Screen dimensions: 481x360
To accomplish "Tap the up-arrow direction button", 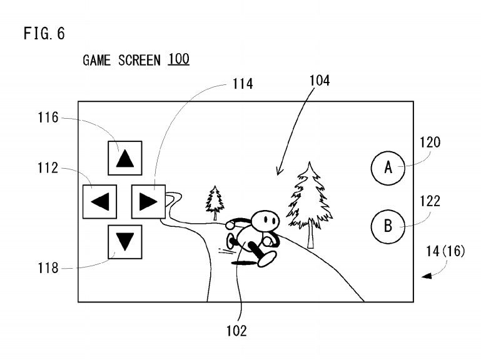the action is (125, 158).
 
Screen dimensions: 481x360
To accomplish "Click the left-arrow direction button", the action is (99, 201).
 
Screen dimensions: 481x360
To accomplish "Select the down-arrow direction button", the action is (125, 242).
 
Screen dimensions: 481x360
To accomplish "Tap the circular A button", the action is (388, 168).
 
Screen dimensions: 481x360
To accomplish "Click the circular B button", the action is (388, 227).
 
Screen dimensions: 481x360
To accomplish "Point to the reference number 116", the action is (48, 117).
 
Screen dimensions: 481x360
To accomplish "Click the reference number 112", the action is (48, 168).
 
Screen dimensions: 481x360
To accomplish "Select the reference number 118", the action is (48, 268).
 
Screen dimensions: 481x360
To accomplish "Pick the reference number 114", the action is (243, 84).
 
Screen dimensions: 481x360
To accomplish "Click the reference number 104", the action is (320, 81).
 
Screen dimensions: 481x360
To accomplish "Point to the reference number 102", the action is (236, 331).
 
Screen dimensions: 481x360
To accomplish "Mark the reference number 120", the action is (430, 142).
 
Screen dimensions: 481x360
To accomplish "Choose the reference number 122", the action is (430, 201).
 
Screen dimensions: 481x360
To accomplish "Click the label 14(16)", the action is (445, 251).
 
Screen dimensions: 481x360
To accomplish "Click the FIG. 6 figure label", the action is (44, 33).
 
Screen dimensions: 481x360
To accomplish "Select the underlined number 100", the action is (178, 59).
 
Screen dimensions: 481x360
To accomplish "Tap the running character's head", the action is (265, 220).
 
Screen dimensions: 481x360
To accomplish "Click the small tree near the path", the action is (215, 202).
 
